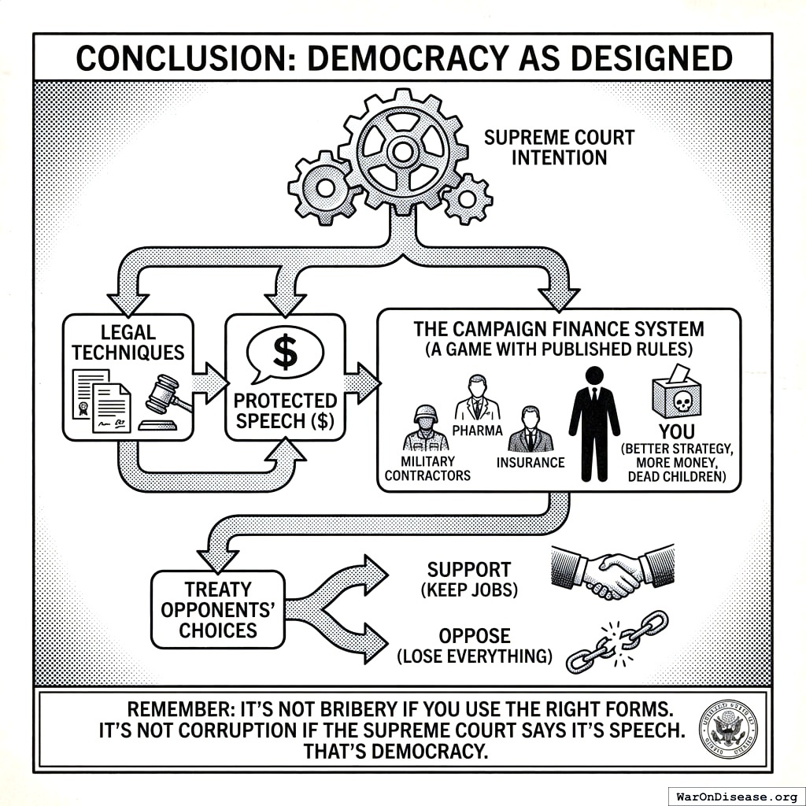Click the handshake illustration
(613, 570)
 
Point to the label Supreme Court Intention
(559, 147)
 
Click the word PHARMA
(477, 430)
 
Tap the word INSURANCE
(531, 462)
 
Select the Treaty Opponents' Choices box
(217, 609)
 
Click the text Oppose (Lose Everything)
(474, 645)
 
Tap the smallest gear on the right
(468, 198)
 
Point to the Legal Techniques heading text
(128, 342)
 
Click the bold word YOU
(676, 431)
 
